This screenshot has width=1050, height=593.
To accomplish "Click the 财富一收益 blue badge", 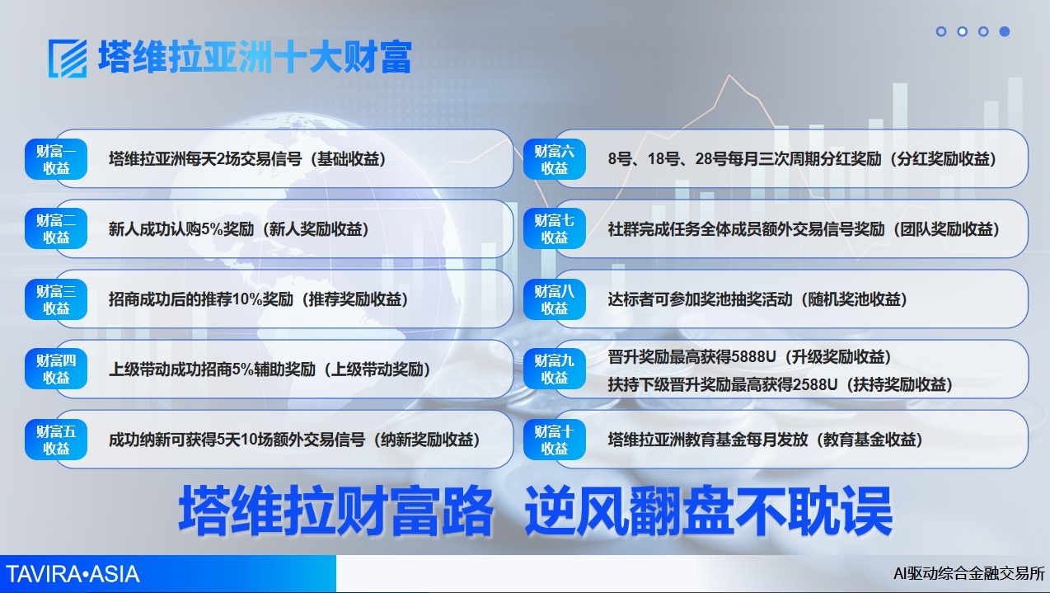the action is pos(56,159).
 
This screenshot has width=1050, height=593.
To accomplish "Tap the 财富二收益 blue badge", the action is pos(56,229).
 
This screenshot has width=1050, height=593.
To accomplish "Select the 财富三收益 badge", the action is pos(56,299).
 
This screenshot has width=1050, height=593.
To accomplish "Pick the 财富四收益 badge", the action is pos(56,369).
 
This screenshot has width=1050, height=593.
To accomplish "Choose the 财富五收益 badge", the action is pos(56,440).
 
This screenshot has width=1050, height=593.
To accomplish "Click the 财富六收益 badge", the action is pos(555,159).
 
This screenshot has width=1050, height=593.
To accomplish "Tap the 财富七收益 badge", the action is pos(555,229).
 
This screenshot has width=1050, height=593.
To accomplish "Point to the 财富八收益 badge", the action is pos(555,299).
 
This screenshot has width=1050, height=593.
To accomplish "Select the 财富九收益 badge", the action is pos(555,369).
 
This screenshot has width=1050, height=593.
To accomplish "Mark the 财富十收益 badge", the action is pos(555,440).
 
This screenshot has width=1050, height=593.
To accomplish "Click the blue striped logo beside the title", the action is pos(68,59).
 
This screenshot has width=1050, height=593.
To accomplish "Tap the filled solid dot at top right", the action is pos(1005,31).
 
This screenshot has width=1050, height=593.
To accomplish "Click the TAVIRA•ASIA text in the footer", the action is pos(73,574).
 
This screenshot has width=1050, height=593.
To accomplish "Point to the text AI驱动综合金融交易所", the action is pos(969,573).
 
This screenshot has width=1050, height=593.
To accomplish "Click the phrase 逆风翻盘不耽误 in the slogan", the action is pos(709,511).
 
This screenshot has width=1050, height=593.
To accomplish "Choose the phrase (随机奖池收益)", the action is pos(853,299).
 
